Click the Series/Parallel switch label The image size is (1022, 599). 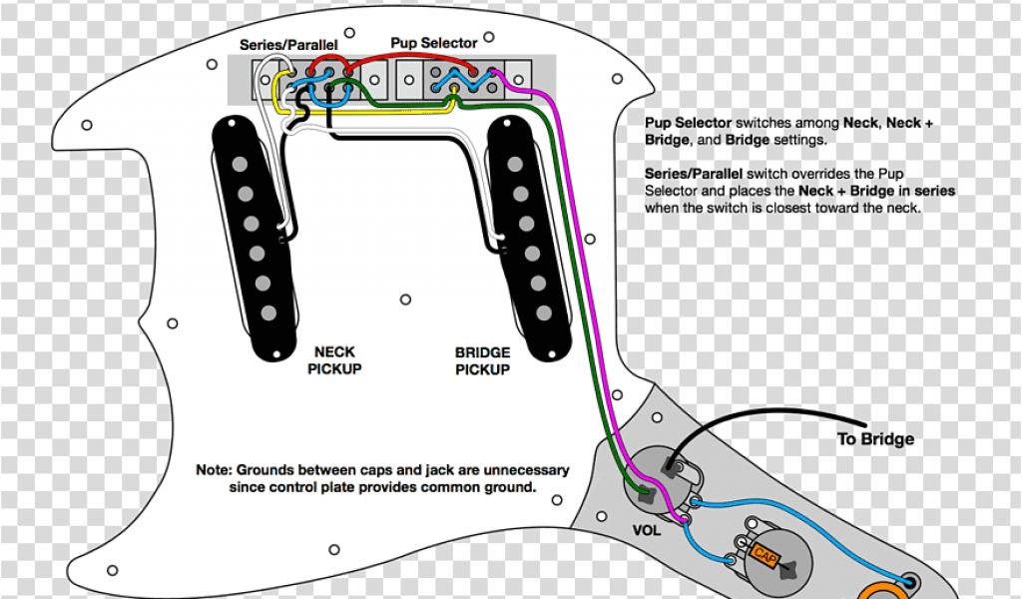coord(288,45)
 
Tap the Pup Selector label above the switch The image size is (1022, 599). coord(433,43)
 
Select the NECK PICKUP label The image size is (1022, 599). coord(333,360)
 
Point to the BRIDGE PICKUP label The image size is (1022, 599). coord(483,360)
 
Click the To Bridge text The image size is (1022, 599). coord(874,439)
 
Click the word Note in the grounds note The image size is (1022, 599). coord(214,469)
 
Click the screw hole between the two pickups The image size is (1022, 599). coord(405,299)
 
